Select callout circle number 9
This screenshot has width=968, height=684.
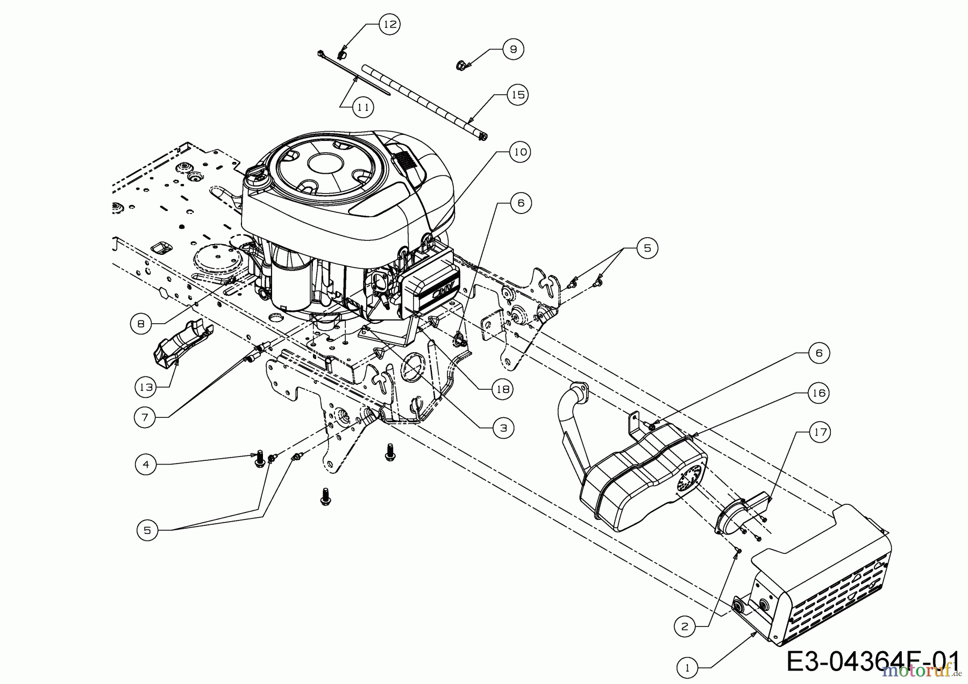[513, 49]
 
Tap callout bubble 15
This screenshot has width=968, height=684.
[517, 95]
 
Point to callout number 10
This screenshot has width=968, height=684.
[520, 152]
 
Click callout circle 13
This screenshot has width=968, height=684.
[146, 386]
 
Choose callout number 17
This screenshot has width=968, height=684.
[819, 432]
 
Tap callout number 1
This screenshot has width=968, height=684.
[687, 668]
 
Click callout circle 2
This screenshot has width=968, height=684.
[685, 626]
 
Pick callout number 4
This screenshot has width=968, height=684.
[146, 464]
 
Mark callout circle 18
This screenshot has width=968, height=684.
[502, 389]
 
